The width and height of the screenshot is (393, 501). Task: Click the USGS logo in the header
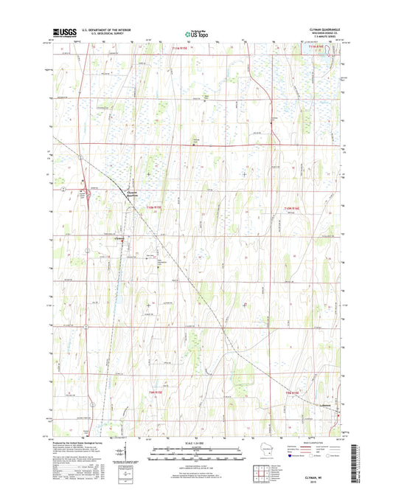click(x=57, y=33)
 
